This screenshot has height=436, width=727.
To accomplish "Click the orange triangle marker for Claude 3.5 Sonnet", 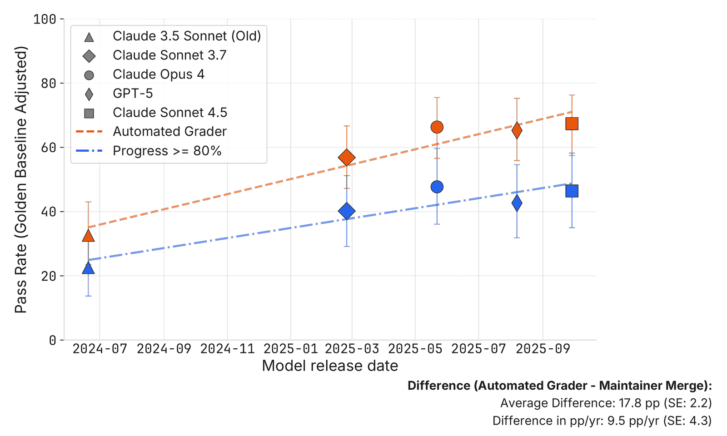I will pyautogui.click(x=88, y=236).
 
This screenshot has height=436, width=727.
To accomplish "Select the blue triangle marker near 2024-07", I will pyautogui.click(x=88, y=268).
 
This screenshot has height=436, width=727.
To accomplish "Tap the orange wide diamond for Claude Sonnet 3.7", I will pyautogui.click(x=347, y=158).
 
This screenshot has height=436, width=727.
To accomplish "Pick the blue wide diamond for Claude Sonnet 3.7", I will pyautogui.click(x=347, y=211).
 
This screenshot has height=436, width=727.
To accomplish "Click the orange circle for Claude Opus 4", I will pyautogui.click(x=437, y=127).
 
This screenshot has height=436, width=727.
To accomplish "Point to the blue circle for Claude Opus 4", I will pyautogui.click(x=437, y=187).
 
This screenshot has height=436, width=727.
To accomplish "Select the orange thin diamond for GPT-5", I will pyautogui.click(x=517, y=131).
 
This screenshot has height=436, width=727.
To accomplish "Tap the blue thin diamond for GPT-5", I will pyautogui.click(x=517, y=203).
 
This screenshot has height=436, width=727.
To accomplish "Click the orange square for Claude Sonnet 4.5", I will pyautogui.click(x=572, y=124).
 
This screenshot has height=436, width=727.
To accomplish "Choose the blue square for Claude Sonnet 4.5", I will pyautogui.click(x=572, y=191).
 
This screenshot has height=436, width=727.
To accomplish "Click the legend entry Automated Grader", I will pyautogui.click(x=169, y=132).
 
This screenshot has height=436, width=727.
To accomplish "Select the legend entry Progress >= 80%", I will pyautogui.click(x=167, y=151).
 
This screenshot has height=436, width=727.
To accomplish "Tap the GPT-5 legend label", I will pyautogui.click(x=133, y=94).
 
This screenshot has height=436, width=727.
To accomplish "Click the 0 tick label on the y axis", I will pyautogui.click(x=53, y=340).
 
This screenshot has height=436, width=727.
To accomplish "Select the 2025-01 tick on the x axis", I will pyautogui.click(x=290, y=349).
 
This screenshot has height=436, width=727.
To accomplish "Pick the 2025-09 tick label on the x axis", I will pyautogui.click(x=543, y=349).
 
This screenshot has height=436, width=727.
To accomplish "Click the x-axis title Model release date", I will pyautogui.click(x=330, y=366).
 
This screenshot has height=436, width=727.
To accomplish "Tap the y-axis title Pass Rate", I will pyautogui.click(x=21, y=179).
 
